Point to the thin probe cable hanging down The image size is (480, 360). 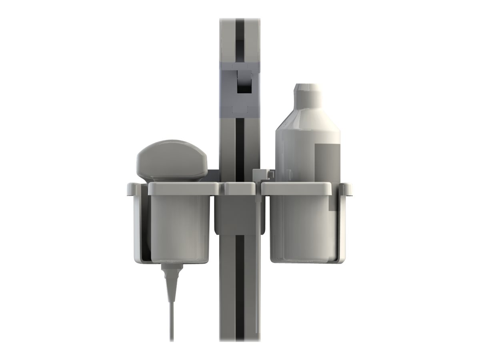pos(172,320)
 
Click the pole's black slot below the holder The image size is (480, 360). pos(240,288)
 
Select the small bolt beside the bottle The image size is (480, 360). pos(261,175)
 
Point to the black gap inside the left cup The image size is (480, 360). pos(147,240)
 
